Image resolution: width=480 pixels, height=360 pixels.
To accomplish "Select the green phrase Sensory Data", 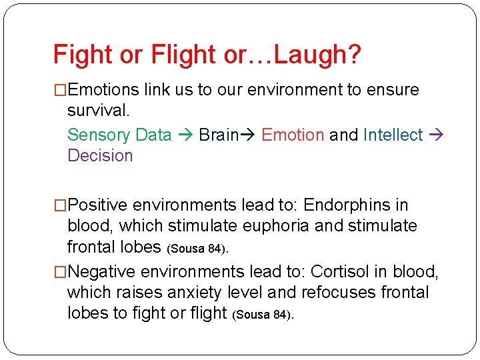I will (119, 135).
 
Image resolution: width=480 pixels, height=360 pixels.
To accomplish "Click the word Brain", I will (219, 135).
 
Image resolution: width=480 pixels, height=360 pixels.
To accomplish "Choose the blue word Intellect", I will (393, 135).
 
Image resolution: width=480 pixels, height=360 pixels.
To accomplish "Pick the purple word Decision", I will (100, 156).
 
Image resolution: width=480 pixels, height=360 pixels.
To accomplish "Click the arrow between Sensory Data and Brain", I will (185, 135).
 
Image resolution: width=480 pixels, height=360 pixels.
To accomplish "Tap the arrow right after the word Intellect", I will (437, 135).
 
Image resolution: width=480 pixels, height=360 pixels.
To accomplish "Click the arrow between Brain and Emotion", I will (250, 135).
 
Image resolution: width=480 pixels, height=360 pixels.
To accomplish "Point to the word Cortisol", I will (339, 271).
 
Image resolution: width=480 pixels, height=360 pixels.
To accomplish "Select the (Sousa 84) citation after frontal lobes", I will (199, 249).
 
